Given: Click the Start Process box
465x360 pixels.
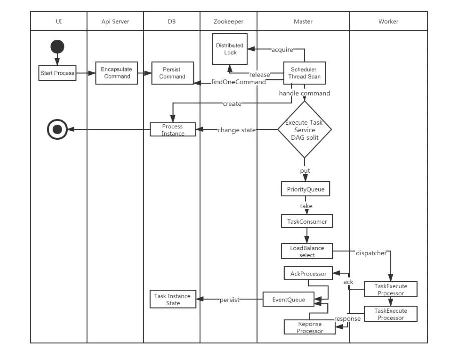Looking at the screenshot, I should (57, 73).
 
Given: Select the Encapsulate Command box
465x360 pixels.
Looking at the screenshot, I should (117, 73).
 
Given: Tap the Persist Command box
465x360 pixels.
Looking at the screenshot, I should (172, 73).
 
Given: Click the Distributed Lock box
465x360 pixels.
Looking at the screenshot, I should (229, 49).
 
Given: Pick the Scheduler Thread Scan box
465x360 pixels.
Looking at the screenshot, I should (304, 73).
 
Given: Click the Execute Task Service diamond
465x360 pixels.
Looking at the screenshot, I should (304, 130).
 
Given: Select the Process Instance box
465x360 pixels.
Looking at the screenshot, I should (173, 130).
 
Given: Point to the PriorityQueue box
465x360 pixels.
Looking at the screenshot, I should (305, 189).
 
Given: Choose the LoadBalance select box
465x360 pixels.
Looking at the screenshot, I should (307, 251).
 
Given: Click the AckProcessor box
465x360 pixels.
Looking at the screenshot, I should (308, 274).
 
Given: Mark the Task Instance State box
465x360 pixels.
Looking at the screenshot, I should (173, 300).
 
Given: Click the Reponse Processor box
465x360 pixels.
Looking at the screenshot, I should (309, 327).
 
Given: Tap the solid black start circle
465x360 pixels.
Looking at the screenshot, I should (57, 47).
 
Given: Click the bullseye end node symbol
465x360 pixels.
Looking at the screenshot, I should (57, 130).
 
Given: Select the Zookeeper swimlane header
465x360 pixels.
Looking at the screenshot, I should (228, 21).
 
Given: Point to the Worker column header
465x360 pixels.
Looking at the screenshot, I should (388, 21).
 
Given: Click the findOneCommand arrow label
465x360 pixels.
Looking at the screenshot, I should (239, 82).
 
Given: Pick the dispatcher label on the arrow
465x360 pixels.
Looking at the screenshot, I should (371, 253).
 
